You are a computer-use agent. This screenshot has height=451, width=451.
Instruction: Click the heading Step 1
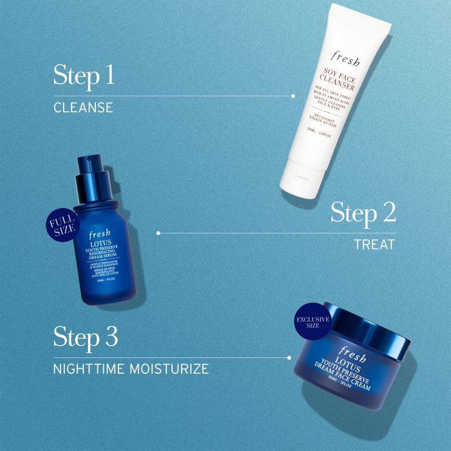point(84,75)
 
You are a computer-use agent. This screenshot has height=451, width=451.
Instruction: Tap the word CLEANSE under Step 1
point(83,107)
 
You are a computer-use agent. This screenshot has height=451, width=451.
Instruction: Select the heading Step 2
point(363,213)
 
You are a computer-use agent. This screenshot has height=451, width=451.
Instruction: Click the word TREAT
point(375,245)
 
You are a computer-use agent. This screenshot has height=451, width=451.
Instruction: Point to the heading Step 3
point(86,337)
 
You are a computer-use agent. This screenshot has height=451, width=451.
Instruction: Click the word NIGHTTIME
point(91,369)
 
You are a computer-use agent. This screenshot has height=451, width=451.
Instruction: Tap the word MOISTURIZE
point(173,369)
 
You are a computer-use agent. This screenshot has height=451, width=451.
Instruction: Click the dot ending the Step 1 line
point(293,96)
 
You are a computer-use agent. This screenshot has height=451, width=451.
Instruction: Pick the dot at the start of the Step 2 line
point(158,232)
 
